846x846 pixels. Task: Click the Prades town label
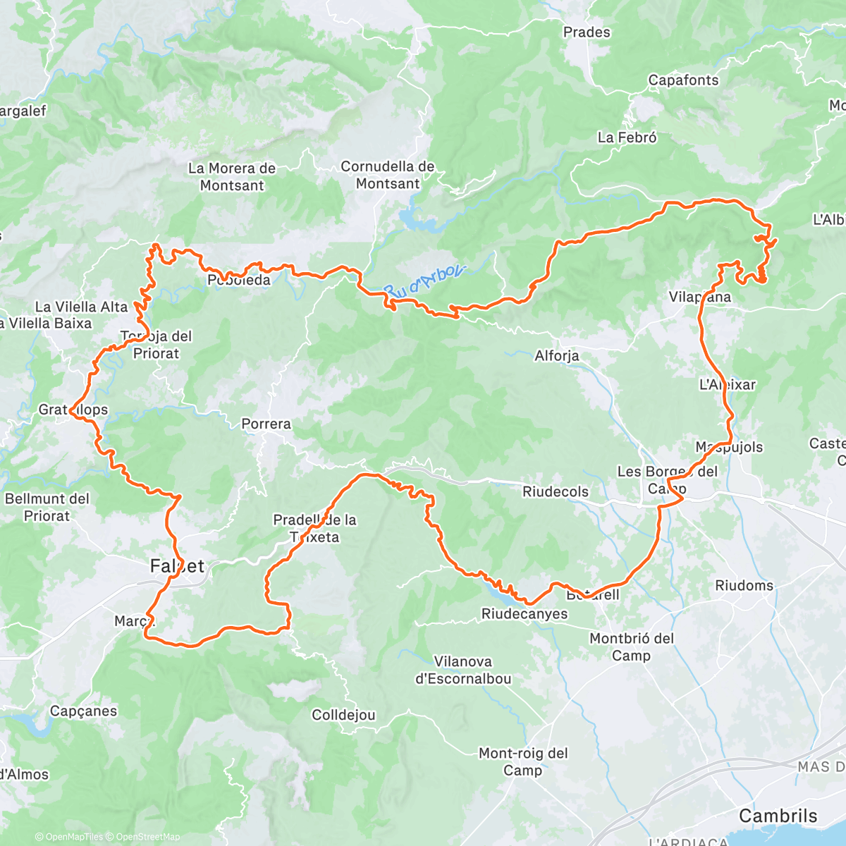586,32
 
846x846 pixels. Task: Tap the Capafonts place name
683,80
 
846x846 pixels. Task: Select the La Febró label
627,138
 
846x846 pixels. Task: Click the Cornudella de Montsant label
387,176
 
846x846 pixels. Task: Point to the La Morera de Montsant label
231,177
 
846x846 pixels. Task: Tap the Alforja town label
557,356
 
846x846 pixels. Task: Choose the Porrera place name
266,424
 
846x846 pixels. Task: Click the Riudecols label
556,491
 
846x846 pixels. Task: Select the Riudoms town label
744,586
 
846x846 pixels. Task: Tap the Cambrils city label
778,816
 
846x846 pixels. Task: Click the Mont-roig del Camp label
523,762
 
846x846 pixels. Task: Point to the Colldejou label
343,716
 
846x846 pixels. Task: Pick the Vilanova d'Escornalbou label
463,670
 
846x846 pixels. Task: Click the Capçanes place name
83,711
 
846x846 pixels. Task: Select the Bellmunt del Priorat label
47,508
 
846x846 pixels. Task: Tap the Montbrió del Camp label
632,647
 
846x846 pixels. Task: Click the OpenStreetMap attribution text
148,838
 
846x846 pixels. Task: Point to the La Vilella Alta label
81,307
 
